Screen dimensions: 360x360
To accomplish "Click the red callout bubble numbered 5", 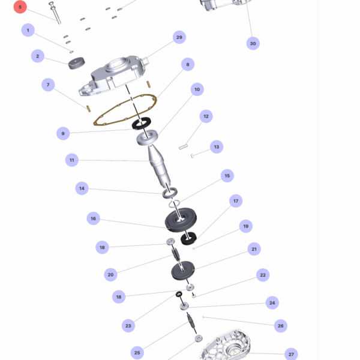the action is pos(20,7).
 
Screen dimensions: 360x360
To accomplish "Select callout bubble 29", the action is pos(179,37).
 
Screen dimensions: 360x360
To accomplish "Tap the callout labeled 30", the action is pos(253,43).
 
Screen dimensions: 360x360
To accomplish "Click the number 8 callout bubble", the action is pos(188,64).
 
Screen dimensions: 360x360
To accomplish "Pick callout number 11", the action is pos(72,160).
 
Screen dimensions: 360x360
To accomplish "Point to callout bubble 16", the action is pos(93,218).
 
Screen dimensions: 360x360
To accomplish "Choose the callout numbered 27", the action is pos(291,354).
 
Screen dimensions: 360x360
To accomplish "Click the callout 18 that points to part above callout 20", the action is pos(102,247).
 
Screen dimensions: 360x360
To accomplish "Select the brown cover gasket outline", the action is pos(125,110).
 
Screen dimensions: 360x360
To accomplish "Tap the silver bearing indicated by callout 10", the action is pos(147,137).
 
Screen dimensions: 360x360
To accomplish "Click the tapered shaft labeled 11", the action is pos(159,166).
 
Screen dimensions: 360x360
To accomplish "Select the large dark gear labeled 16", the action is pos(181,220).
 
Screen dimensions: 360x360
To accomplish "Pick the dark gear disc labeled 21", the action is pos(183,271).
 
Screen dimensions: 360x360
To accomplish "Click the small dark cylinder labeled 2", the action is pos(76,63).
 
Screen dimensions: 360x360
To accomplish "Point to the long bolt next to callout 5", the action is pos(55,13).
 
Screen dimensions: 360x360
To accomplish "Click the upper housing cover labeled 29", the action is pos(114,76).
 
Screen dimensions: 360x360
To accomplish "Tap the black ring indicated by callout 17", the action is pos(188,239).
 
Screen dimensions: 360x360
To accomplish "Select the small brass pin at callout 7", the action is pos(88,109).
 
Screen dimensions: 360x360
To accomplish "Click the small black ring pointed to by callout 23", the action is pos(179,294).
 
